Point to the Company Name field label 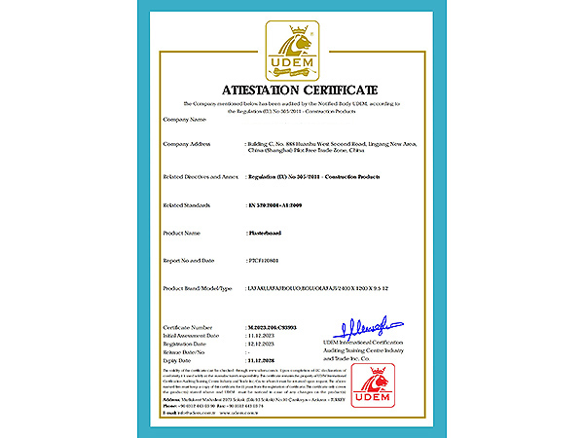pyautogui.click(x=185, y=119)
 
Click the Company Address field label pyautogui.click(x=189, y=144)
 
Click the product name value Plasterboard pyautogui.click(x=266, y=234)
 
